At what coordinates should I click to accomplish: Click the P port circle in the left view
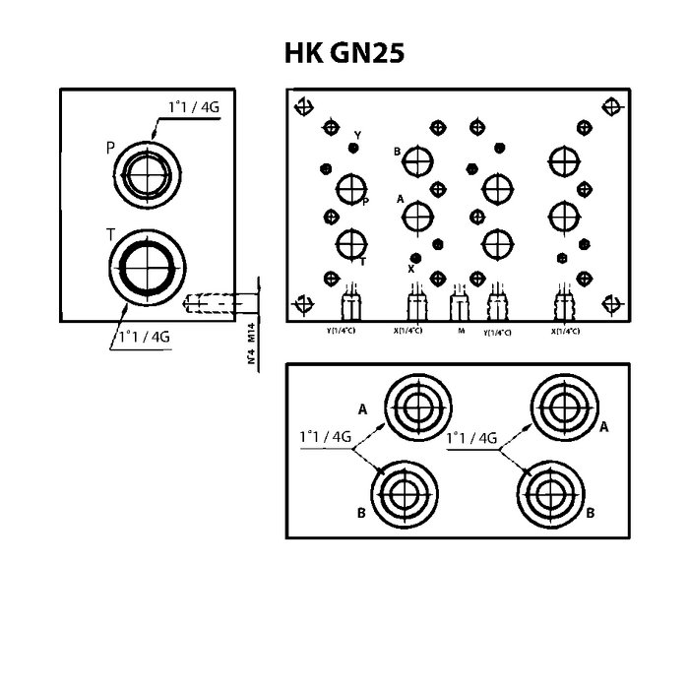tap(148, 173)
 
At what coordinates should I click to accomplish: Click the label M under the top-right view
tap(461, 332)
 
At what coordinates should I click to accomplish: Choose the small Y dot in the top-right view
tap(354, 148)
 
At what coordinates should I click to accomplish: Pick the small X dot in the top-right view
tap(415, 258)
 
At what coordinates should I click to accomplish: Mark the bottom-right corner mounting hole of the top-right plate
tap(612, 304)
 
